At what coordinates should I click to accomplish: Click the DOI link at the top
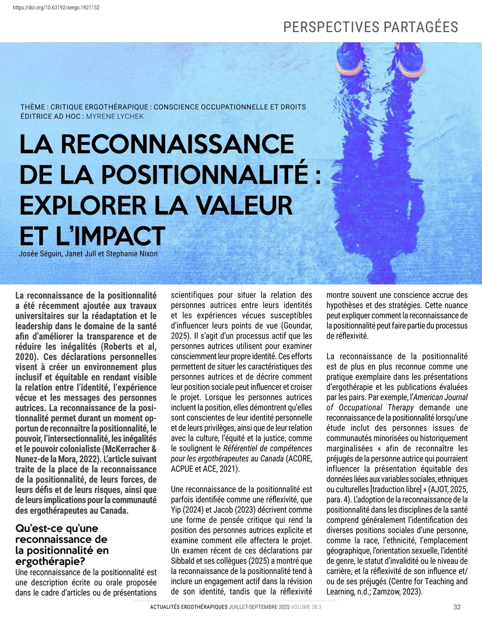[56, 7]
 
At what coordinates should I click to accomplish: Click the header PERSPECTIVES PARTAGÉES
[370, 27]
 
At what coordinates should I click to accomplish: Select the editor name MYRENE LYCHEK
[115, 116]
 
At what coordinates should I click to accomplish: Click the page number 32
[457, 607]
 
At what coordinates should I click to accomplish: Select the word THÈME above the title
[33, 107]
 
